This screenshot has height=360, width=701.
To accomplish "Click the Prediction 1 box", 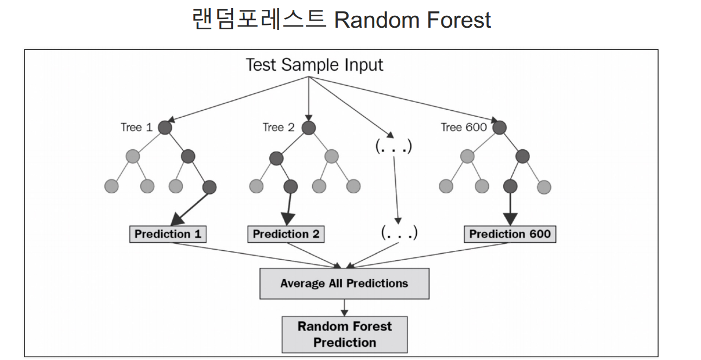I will [168, 234].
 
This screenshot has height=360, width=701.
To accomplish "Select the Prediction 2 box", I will [286, 234].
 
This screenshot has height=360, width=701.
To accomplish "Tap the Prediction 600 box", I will [510, 234].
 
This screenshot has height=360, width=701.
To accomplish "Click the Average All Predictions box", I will [344, 283].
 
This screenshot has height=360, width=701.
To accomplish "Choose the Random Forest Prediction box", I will [344, 334].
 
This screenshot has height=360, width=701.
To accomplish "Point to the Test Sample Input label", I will [314, 65].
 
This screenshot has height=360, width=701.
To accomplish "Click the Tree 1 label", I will [137, 128].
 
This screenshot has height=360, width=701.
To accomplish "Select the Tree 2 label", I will [279, 128].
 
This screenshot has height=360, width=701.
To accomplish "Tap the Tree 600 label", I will [463, 128].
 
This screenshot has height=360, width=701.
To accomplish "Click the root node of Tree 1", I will [166, 128].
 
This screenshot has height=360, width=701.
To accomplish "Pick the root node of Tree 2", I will [308, 128].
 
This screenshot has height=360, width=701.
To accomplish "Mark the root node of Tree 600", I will [500, 128].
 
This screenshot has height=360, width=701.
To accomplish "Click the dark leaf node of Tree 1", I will [209, 187].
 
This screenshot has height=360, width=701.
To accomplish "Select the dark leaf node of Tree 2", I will [290, 187].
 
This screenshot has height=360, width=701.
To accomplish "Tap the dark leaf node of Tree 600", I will [510, 187].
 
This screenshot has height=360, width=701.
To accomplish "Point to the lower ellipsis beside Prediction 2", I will [399, 233].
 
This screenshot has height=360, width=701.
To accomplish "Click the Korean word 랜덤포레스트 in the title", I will [259, 20].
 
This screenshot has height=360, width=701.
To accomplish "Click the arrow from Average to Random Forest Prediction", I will [344, 307].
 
